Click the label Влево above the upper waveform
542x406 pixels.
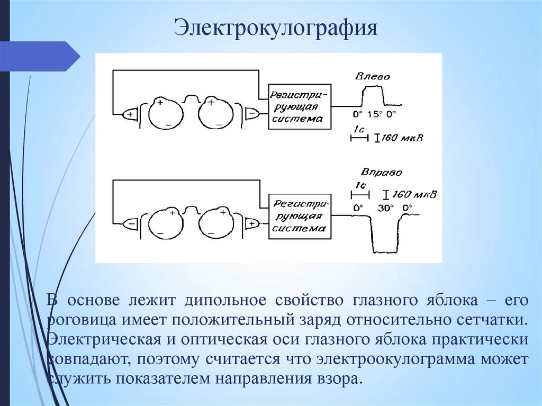[x=373, y=77]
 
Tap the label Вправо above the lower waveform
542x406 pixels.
[x=382, y=173]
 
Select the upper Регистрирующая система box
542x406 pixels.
[x=300, y=106]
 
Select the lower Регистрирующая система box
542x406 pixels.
[x=299, y=217]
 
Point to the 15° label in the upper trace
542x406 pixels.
[x=374, y=114]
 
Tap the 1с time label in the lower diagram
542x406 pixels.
[x=360, y=186]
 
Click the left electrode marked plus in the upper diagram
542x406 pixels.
[x=130, y=113]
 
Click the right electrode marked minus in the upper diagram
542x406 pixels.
[x=252, y=113]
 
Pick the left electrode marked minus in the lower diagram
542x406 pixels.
[x=130, y=224]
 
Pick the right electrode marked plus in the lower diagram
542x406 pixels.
[x=252, y=224]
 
